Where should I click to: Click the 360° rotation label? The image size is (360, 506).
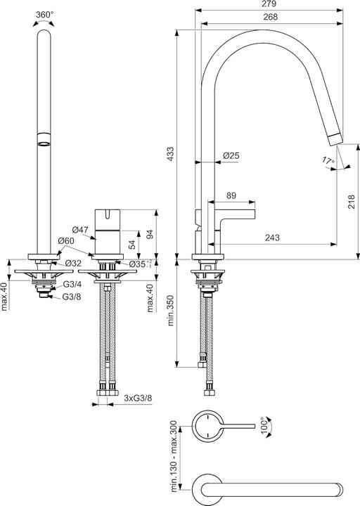[44, 13]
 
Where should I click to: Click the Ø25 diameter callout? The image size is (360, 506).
[231, 155]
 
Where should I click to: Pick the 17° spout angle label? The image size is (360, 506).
[328, 161]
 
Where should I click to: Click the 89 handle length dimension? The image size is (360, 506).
[231, 196]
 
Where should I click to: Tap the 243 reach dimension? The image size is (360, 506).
[274, 238]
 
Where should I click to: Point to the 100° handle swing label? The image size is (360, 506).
[264, 426]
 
